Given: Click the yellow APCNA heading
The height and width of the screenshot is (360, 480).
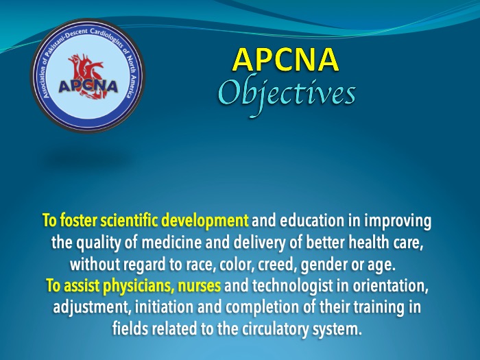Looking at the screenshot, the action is pyautogui.click(x=285, y=59).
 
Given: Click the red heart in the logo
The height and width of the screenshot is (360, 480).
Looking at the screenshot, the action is pyautogui.click(x=86, y=76).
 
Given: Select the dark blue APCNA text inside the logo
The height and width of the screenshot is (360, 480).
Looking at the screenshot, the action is pyautogui.click(x=88, y=86).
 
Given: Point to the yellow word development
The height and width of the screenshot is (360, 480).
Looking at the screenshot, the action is pyautogui.click(x=205, y=221).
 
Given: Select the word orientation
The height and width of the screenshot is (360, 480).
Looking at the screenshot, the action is pyautogui.click(x=390, y=286).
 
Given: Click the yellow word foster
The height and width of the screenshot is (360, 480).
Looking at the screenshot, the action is pyautogui.click(x=78, y=220).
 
